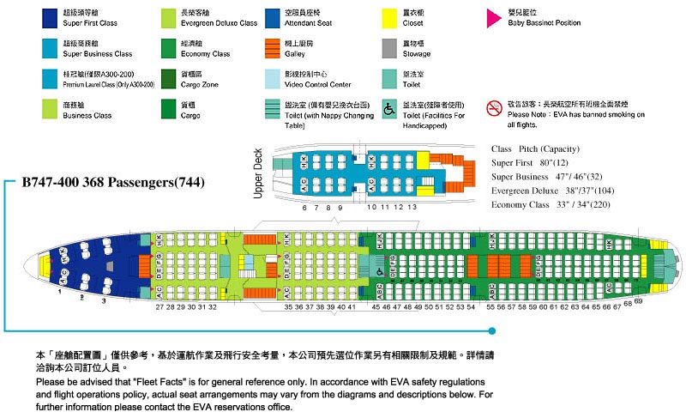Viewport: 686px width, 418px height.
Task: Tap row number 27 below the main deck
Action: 159,306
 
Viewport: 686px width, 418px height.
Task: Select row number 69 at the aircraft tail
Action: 638,301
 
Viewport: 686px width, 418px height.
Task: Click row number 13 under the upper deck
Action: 412,208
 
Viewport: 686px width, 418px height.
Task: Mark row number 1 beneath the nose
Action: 60,293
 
